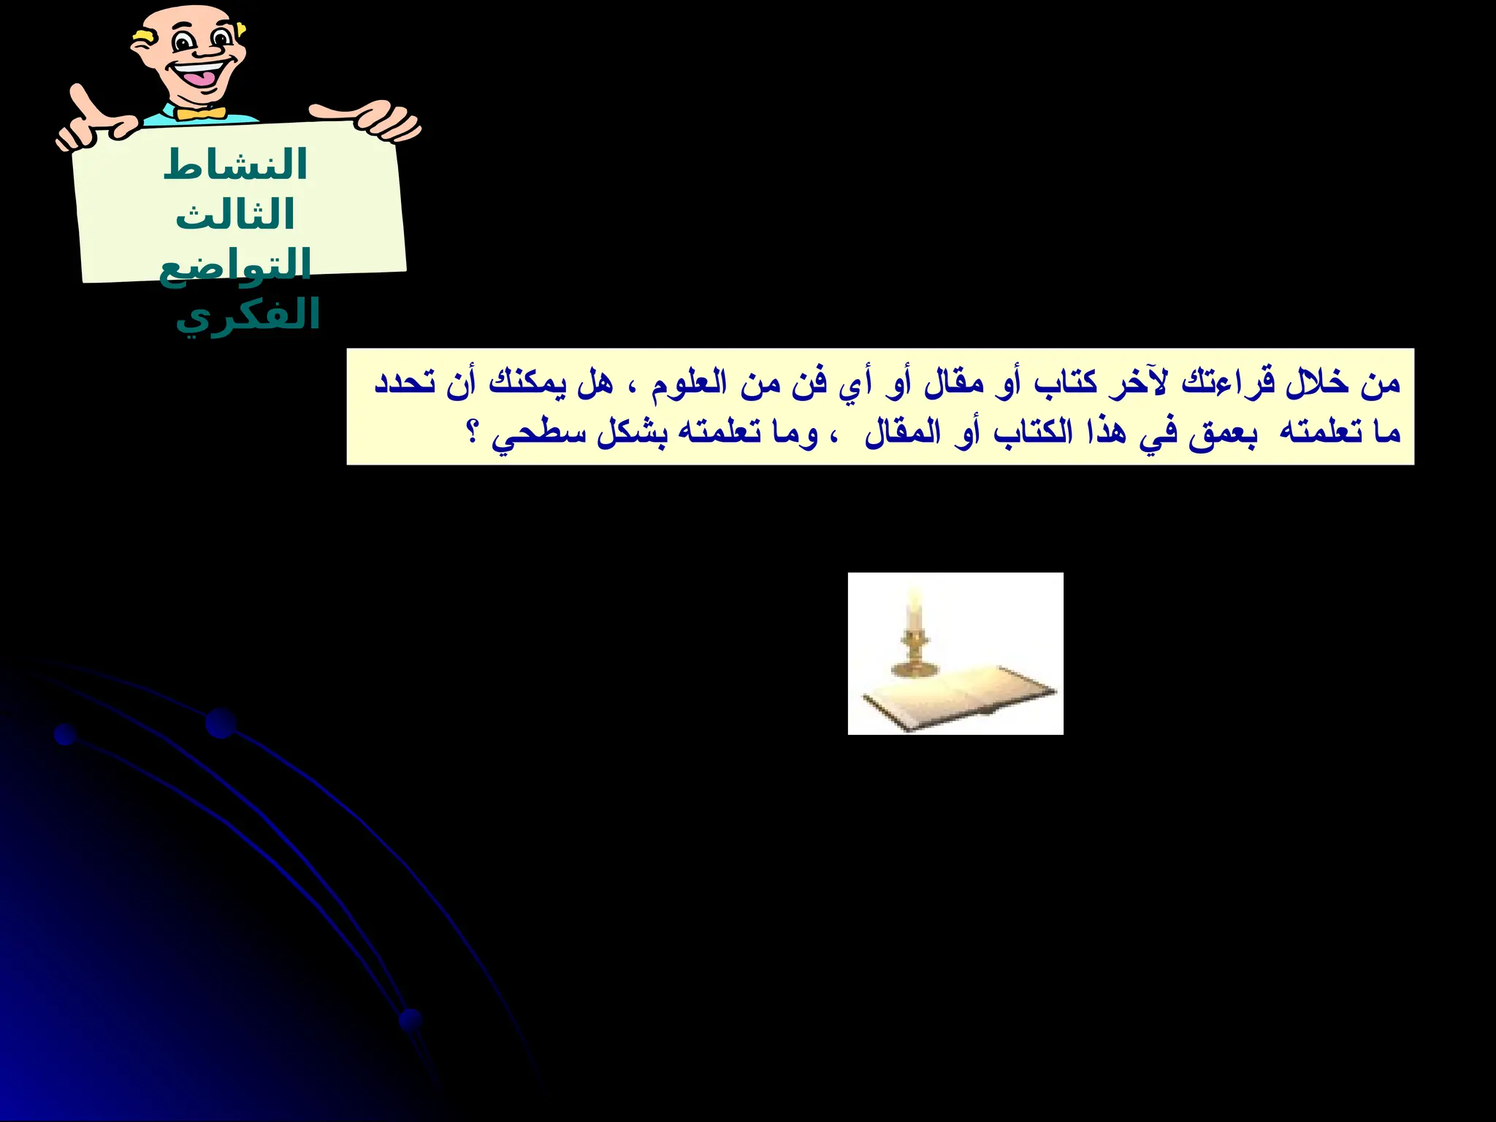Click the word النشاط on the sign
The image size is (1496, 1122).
point(234,165)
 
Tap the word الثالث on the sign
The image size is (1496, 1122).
point(234,215)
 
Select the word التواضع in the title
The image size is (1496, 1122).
point(234,265)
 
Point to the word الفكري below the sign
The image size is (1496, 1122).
point(248,316)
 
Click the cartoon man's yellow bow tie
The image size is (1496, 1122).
point(200,113)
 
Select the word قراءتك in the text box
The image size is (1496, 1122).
point(1227,382)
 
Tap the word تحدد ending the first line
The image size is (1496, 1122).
point(405,382)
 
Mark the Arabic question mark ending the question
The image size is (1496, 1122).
point(473,432)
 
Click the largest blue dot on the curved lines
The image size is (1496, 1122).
point(221,723)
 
